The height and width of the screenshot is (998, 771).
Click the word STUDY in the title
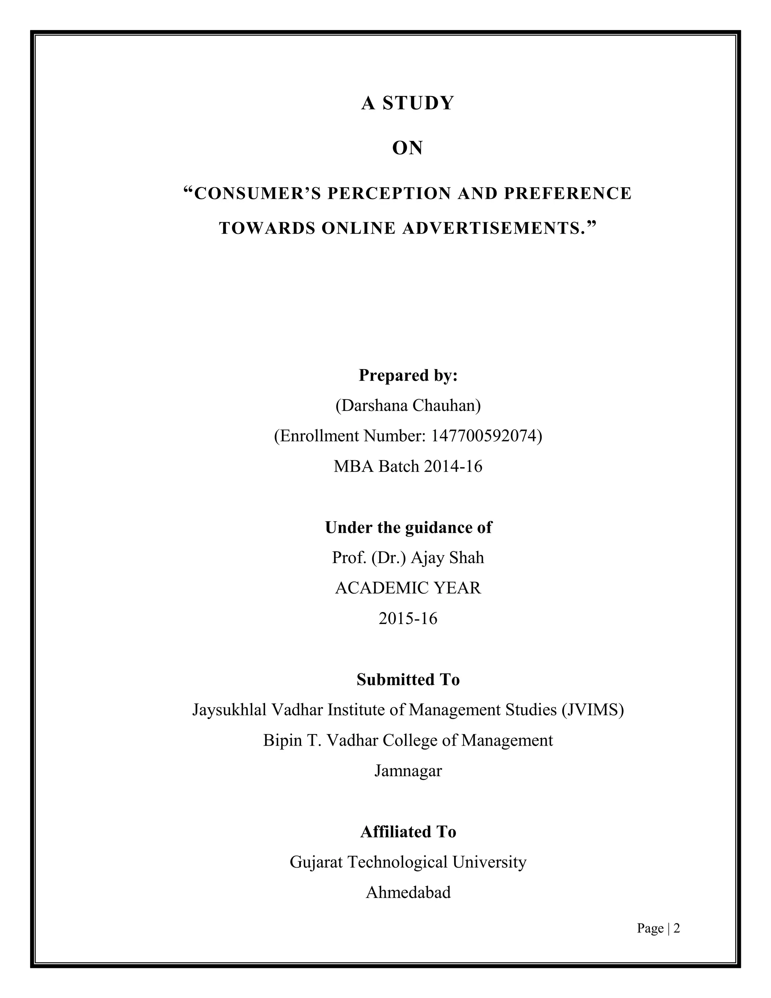click(x=418, y=103)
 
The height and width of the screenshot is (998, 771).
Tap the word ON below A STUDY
click(x=407, y=148)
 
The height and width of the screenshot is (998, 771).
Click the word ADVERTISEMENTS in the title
click(x=491, y=228)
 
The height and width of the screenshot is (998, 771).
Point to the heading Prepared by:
click(x=408, y=375)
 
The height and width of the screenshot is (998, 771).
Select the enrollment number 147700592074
click(x=484, y=436)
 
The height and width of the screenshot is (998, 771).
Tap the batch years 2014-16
click(x=453, y=467)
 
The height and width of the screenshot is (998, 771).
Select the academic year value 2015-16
click(x=408, y=619)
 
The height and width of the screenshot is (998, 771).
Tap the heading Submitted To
click(x=408, y=679)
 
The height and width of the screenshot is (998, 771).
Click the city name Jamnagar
click(x=408, y=771)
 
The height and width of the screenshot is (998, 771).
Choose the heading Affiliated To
click(x=408, y=832)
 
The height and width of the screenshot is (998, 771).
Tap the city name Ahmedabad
click(x=408, y=893)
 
